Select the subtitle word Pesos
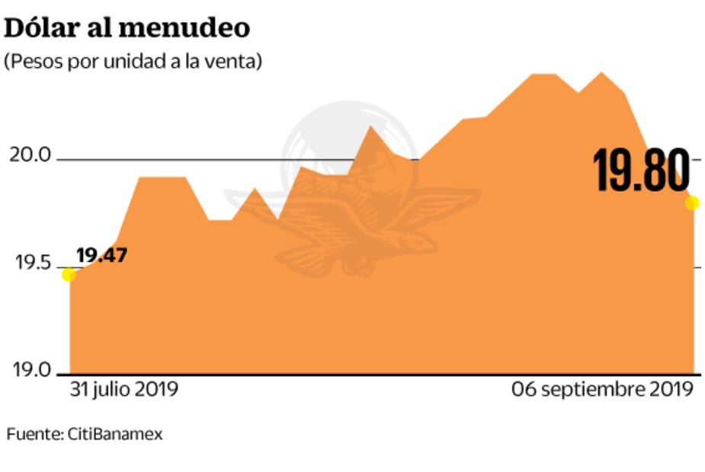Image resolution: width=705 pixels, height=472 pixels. (x=34, y=62)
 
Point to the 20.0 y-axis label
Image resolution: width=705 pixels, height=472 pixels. (x=29, y=156)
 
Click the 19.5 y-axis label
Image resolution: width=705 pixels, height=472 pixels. (x=29, y=263)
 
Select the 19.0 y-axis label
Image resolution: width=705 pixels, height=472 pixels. (x=29, y=371)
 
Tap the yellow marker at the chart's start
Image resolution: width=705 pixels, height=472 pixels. (x=69, y=274)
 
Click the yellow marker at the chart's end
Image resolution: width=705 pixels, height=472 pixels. (x=692, y=203)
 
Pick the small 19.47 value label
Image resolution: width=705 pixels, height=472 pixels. (x=101, y=255)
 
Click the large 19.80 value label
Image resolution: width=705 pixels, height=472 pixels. (x=642, y=171)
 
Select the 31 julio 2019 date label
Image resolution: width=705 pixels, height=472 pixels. (x=124, y=389)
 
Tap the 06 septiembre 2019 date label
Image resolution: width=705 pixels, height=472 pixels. (x=602, y=389)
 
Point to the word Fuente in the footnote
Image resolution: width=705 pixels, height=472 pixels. (x=34, y=435)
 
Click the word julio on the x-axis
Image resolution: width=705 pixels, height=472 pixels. (x=111, y=389)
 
